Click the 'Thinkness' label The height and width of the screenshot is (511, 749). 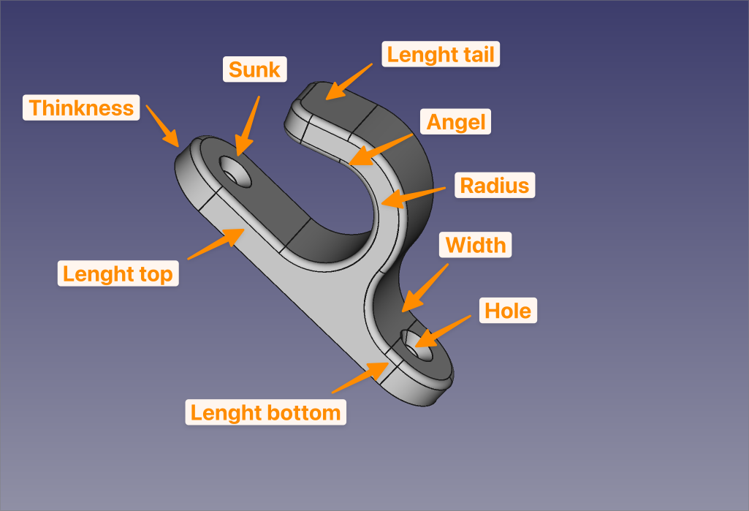click(81, 108)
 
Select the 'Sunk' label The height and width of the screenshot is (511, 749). click(254, 69)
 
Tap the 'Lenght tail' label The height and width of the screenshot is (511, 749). click(441, 54)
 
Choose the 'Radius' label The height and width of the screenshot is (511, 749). click(494, 185)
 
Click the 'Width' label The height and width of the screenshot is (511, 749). click(476, 244)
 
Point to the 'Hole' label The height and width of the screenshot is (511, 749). click(508, 311)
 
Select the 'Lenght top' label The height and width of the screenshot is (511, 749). click(118, 273)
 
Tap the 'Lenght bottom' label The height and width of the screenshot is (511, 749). click(265, 412)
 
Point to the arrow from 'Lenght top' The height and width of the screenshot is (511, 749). click(216, 243)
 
